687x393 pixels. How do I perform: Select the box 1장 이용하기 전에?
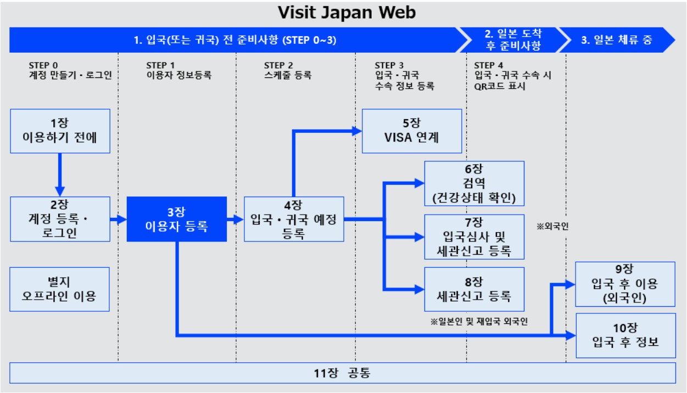point(60,131)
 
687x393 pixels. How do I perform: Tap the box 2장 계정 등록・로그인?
point(60,219)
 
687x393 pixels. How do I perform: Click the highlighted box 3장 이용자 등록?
point(177,219)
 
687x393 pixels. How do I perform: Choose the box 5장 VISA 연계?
point(412,131)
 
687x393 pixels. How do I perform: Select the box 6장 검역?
point(474,183)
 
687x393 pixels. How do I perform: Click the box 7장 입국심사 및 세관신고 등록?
point(474,237)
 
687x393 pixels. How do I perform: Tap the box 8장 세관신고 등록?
point(474,289)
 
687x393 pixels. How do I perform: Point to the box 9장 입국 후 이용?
point(625,284)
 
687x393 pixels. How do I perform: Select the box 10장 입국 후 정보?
point(625,335)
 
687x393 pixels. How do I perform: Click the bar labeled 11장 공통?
point(343,373)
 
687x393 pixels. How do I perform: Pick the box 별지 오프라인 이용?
point(60,289)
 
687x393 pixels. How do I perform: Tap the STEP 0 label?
point(43,65)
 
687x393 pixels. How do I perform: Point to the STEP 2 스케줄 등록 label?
point(287,70)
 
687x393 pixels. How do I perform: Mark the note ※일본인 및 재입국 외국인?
point(479,321)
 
